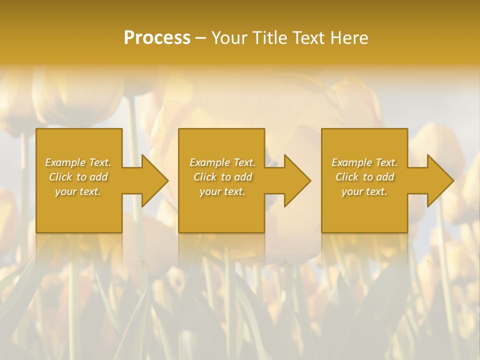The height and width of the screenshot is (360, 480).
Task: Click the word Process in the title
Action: tap(157, 38)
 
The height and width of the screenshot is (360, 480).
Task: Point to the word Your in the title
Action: tap(230, 38)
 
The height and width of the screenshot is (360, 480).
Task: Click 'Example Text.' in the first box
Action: tap(78, 162)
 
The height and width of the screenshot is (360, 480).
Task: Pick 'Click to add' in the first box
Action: tap(78, 177)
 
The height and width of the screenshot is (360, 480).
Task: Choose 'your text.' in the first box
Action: tap(78, 191)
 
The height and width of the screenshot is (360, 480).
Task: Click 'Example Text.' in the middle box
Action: tap(222, 162)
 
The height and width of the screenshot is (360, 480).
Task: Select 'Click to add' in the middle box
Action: tap(222, 177)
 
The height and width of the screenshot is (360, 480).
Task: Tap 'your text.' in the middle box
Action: tap(222, 191)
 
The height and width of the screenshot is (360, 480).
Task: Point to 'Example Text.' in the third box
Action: tap(364, 162)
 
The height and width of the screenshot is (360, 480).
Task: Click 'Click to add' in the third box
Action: tap(364, 177)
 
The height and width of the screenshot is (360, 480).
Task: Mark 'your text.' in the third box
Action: tap(364, 191)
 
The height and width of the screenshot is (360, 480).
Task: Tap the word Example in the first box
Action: tap(65, 162)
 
